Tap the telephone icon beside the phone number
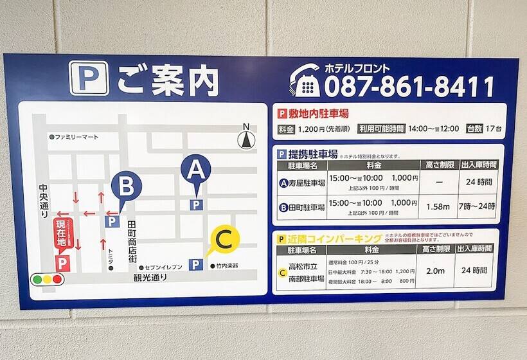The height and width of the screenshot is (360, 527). pyautogui.click(x=304, y=81)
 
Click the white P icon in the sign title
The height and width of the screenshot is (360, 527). pyautogui.click(x=89, y=78)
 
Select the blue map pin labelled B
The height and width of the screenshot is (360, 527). pyautogui.click(x=126, y=187)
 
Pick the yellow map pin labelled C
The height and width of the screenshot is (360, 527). pyautogui.click(x=223, y=240)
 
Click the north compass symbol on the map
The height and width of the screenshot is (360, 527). pyautogui.click(x=245, y=137)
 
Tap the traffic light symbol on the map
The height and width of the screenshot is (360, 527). pyautogui.click(x=48, y=280)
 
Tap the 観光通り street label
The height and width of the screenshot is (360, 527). pyautogui.click(x=150, y=278)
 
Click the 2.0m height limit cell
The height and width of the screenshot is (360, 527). pyautogui.click(x=435, y=271)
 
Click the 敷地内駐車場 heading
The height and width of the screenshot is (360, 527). pyautogui.click(x=318, y=114)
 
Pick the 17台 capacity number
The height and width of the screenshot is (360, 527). pyautogui.click(x=494, y=129)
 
